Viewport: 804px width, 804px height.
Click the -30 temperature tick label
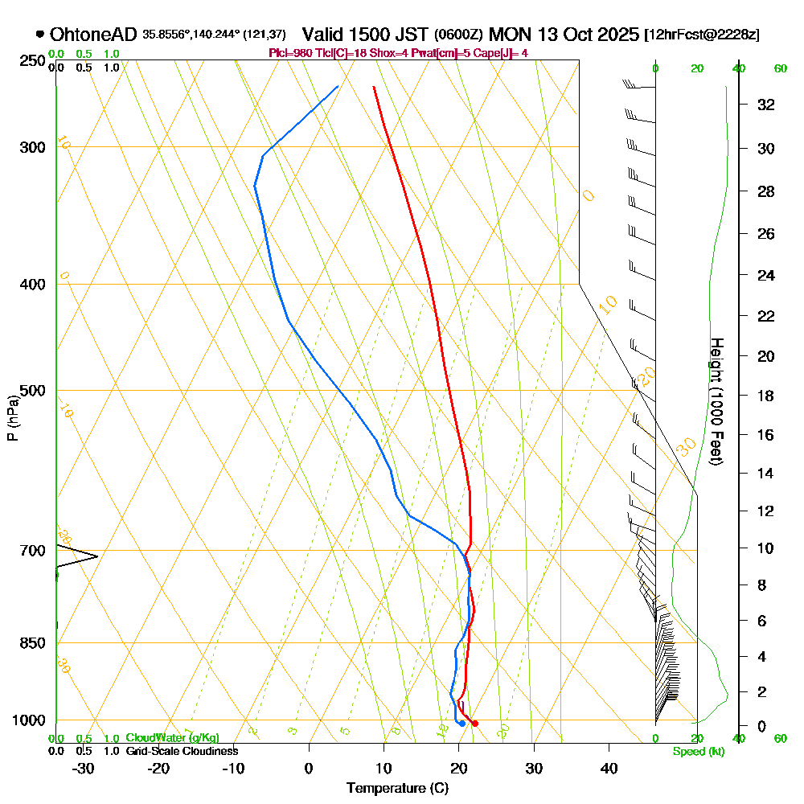[x=84, y=769]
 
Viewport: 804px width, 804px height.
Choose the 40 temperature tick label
[x=609, y=769]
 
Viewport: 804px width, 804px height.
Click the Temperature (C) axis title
[x=397, y=789]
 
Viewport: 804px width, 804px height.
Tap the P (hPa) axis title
[x=12, y=417]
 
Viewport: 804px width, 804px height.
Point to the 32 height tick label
[x=766, y=105]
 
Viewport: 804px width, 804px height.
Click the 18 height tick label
[x=766, y=396]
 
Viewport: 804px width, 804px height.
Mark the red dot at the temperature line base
[x=475, y=724]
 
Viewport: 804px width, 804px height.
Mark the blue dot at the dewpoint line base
[x=461, y=724]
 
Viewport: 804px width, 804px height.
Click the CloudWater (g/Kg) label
[x=172, y=737]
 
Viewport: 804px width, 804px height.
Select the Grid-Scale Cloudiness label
[x=182, y=751]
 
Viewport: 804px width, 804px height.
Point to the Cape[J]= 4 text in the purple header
[x=503, y=53]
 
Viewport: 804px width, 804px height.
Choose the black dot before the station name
[x=39, y=35]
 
